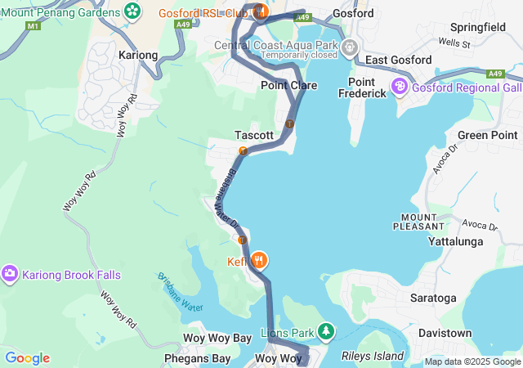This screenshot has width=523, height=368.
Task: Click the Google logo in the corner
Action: coord(27,358)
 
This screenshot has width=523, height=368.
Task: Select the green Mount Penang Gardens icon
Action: coord(132,11)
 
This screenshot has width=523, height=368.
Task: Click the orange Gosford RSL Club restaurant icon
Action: coord(260,11)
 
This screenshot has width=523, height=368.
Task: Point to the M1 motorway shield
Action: coord(33,26)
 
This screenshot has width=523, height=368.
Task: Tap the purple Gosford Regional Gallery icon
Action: coord(400,86)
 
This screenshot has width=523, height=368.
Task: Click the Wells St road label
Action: coord(454,42)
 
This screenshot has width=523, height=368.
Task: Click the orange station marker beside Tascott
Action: coord(243,150)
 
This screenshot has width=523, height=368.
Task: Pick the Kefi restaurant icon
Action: coord(259,261)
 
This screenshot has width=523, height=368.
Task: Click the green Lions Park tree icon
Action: coord(326,332)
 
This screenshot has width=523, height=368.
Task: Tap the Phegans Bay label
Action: coord(196,358)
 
